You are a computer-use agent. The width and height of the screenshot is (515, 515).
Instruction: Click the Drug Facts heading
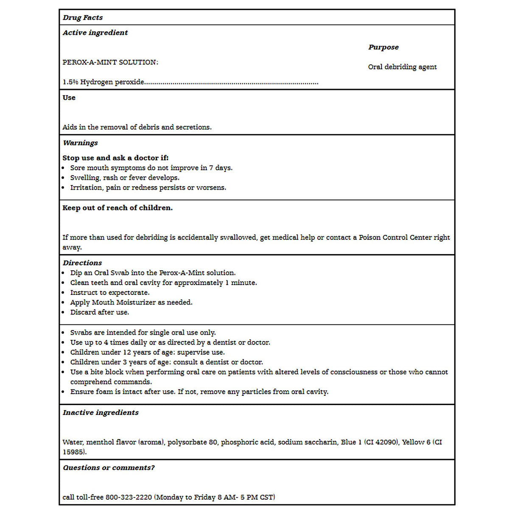(83, 17)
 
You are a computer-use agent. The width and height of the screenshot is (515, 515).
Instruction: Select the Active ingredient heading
(95, 33)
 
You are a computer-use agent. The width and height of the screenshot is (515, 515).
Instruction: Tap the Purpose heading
(383, 47)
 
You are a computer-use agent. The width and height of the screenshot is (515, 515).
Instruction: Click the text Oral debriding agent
(402, 67)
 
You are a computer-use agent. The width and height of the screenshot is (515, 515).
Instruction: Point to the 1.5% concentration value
(70, 82)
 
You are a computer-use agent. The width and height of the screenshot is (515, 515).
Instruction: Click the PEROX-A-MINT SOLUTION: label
(110, 62)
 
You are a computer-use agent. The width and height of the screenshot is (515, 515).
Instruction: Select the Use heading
(69, 98)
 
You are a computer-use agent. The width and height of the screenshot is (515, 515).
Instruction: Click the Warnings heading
(80, 143)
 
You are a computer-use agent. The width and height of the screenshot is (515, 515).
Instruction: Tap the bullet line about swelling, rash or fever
(125, 178)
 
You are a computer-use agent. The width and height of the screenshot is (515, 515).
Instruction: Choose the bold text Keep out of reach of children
(118, 208)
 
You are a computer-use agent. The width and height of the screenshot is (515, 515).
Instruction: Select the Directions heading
(82, 263)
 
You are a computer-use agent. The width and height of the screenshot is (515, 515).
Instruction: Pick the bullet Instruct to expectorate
(110, 293)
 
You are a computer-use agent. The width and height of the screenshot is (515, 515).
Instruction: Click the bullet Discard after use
(100, 312)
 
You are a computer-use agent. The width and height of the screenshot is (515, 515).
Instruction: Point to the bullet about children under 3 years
(166, 362)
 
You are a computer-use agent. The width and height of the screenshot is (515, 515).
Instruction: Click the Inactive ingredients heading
(101, 412)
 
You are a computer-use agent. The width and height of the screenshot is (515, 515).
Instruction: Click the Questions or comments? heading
(109, 467)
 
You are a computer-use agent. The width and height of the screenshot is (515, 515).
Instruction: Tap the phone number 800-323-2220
(129, 497)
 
